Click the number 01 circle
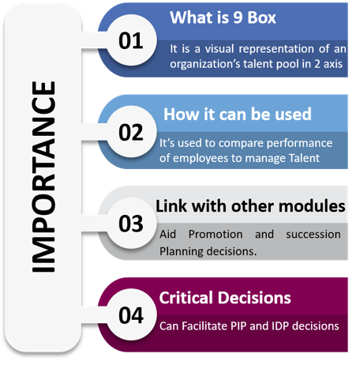131,40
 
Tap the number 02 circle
131,132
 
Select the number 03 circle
131,224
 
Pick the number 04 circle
131,314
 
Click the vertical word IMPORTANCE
43,177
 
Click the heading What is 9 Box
223,17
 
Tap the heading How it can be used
238,115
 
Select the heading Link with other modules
250,206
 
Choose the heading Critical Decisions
225,298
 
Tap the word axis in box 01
333,64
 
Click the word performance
299,144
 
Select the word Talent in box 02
304,158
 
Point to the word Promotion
216,234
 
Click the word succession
313,235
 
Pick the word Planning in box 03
182,251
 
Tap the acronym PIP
238,326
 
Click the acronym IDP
280,326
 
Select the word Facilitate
204,326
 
